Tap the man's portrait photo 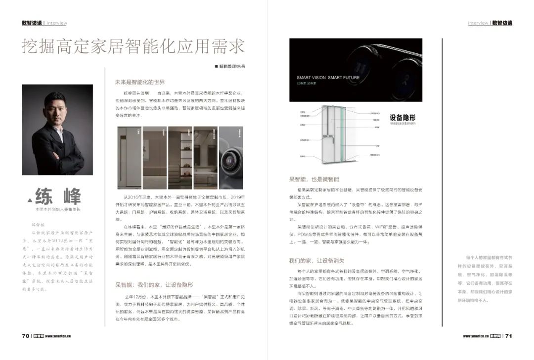point(57,130)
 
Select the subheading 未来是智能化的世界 point(140,82)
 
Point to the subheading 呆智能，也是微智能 point(314,179)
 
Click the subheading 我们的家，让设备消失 point(316,261)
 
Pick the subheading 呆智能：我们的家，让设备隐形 point(154,285)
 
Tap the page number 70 point(26,336)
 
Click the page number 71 point(508,336)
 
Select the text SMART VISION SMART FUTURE point(328,78)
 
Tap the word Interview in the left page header point(56,23)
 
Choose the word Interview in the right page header point(478,23)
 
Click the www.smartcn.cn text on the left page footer point(60,336)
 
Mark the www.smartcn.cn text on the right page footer point(475,336)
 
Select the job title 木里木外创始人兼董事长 point(58,210)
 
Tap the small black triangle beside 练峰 point(29,200)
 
